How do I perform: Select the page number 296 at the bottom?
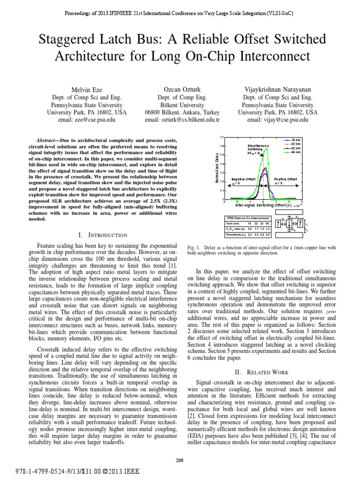click(x=180, y=460)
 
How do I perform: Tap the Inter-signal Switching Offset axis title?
click(x=263, y=205)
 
